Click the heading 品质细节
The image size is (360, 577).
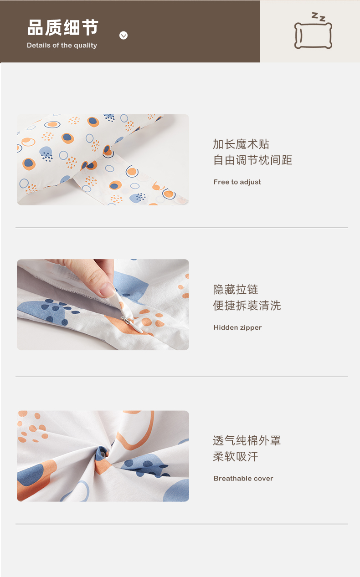pyautogui.click(x=62, y=27)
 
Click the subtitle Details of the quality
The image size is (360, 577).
pyautogui.click(x=62, y=46)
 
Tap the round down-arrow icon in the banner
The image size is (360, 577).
pyautogui.click(x=123, y=35)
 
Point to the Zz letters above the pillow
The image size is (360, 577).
pyautogui.click(x=319, y=17)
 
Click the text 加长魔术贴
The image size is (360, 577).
pyautogui.click(x=241, y=144)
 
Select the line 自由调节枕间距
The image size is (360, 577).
pyautogui.click(x=252, y=160)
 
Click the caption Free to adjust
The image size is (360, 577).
pyautogui.click(x=237, y=182)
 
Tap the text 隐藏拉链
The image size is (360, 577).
pyautogui.click(x=236, y=290)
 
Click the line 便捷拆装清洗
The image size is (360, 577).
pyautogui.click(x=247, y=306)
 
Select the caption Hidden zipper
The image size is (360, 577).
pyautogui.click(x=237, y=327)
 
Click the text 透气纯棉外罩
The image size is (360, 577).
pyautogui.click(x=247, y=440)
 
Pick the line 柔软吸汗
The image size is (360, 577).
pyautogui.click(x=236, y=456)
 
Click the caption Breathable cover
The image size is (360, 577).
pyautogui.click(x=243, y=478)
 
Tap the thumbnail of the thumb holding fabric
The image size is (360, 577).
pyautogui.click(x=103, y=305)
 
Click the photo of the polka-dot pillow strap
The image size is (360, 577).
pyautogui.click(x=103, y=159)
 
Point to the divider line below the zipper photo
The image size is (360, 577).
pyautogui.click(x=182, y=376)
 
